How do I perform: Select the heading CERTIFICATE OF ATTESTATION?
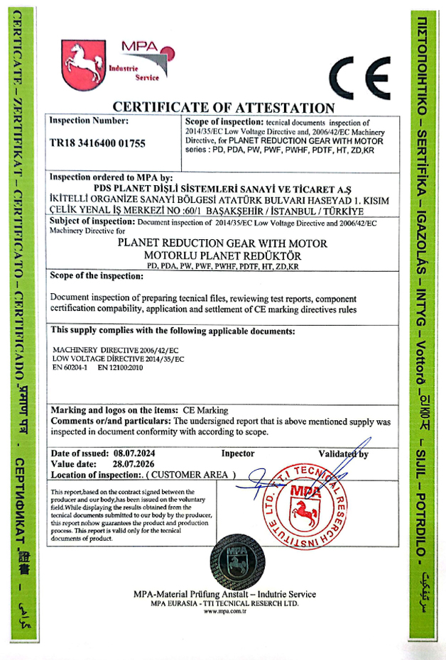coord(223,108)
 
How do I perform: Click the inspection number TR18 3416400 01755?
coord(97,143)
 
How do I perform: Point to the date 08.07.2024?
coord(138,453)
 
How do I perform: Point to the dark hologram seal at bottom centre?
coord(224,561)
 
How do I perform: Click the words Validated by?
coord(342,453)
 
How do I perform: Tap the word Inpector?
coord(237,453)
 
